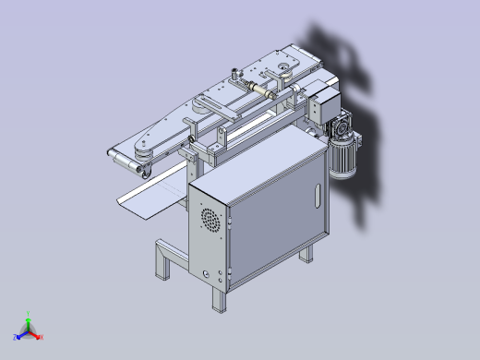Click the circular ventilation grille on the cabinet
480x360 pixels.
point(211,221)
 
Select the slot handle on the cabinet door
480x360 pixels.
point(317,196)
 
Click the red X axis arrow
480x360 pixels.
point(39,336)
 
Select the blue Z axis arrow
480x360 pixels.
point(19,334)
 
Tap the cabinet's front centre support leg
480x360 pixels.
point(219,297)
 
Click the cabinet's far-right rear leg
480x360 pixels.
point(308,251)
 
